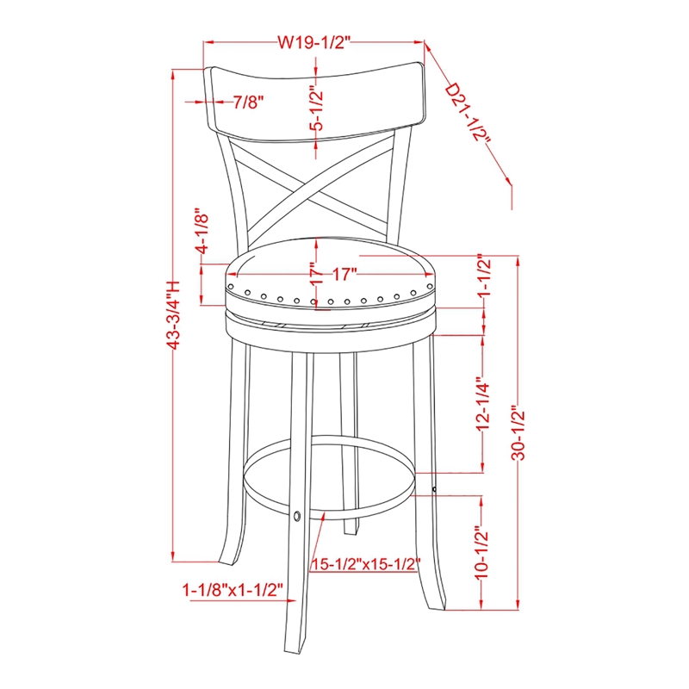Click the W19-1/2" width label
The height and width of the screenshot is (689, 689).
(315, 40)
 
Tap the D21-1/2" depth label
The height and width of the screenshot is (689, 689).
(469, 121)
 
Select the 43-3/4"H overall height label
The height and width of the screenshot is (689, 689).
(175, 313)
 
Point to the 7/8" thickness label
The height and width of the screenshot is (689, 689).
(248, 102)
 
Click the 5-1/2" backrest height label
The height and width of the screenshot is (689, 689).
(316, 109)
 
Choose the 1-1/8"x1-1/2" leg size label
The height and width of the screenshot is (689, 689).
(233, 591)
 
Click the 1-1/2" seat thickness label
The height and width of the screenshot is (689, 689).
(483, 278)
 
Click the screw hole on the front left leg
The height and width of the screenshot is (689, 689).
(297, 517)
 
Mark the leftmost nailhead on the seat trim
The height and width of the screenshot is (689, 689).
(231, 278)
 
